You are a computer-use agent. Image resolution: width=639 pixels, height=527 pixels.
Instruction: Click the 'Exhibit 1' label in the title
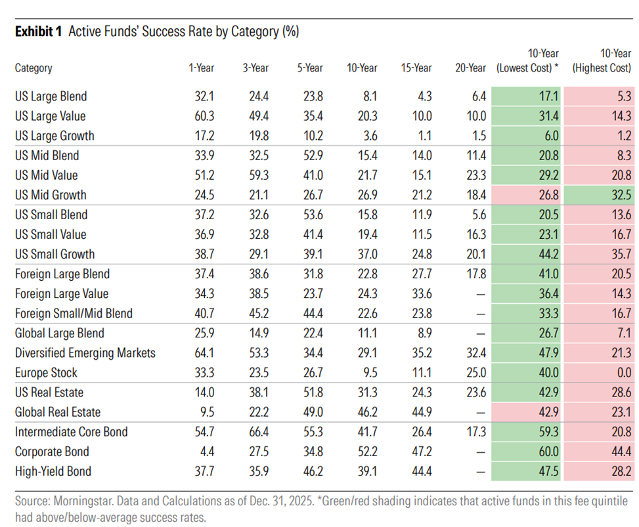(38, 32)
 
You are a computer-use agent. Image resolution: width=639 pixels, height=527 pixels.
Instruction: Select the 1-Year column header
(202, 68)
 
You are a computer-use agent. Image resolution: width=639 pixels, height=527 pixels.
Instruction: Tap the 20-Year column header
(471, 68)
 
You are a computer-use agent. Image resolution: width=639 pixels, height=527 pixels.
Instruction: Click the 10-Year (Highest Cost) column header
(602, 60)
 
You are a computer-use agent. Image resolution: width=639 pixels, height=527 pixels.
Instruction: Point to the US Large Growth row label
(55, 136)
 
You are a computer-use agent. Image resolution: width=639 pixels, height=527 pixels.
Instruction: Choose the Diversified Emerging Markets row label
(85, 353)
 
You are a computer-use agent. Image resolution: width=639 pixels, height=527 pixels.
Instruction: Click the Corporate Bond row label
(52, 452)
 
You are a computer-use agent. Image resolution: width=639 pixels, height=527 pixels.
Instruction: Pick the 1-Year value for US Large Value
(204, 116)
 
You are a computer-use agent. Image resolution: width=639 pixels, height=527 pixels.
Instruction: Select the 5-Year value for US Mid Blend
(313, 156)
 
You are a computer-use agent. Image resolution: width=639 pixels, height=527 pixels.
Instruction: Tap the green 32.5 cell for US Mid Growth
(599, 195)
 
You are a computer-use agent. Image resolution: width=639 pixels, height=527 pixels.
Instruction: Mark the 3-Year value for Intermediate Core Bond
(259, 432)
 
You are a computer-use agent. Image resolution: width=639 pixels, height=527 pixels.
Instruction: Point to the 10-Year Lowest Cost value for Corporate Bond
(548, 452)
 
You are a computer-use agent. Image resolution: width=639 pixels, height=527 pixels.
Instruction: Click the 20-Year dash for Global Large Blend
(481, 334)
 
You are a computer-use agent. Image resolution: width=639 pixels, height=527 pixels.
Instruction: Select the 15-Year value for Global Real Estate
(422, 412)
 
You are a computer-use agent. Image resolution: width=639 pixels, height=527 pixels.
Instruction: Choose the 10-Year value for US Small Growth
(368, 254)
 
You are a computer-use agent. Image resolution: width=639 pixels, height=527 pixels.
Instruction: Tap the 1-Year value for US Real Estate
(204, 392)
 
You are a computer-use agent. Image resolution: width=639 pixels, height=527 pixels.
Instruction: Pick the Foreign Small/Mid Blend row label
(74, 314)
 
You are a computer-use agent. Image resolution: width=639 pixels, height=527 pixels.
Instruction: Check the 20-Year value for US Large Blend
(479, 96)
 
